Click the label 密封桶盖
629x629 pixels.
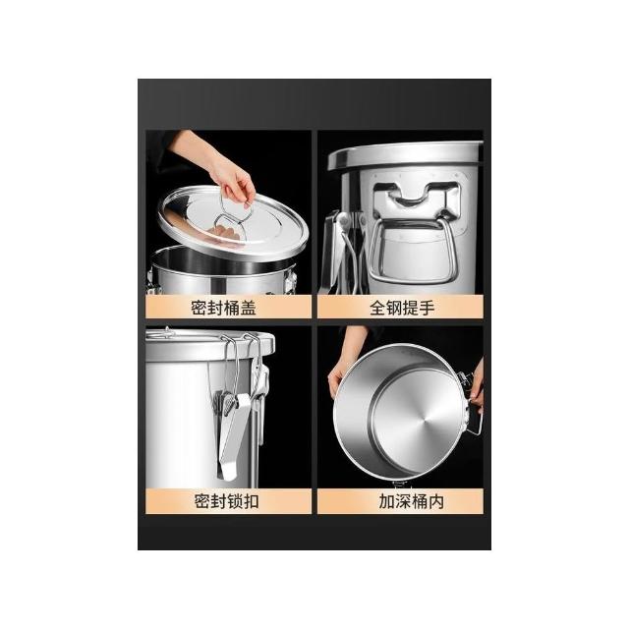[x=223, y=308]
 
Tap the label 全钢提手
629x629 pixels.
[x=402, y=308]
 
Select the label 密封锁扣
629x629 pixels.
[x=227, y=501]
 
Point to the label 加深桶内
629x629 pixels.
[x=411, y=501]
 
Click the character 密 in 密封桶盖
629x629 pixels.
[x=199, y=308]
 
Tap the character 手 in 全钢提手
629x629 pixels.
[x=428, y=308]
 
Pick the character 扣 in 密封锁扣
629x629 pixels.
[x=252, y=501]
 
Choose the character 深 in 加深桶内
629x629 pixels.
[x=403, y=501]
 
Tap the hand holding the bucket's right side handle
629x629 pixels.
[x=478, y=385]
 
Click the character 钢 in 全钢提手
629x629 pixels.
[x=394, y=308]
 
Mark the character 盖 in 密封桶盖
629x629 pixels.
[x=249, y=308]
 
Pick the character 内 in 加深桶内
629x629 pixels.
[x=436, y=501]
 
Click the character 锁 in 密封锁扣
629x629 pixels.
[x=235, y=501]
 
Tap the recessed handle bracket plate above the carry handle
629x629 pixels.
[x=417, y=204]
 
